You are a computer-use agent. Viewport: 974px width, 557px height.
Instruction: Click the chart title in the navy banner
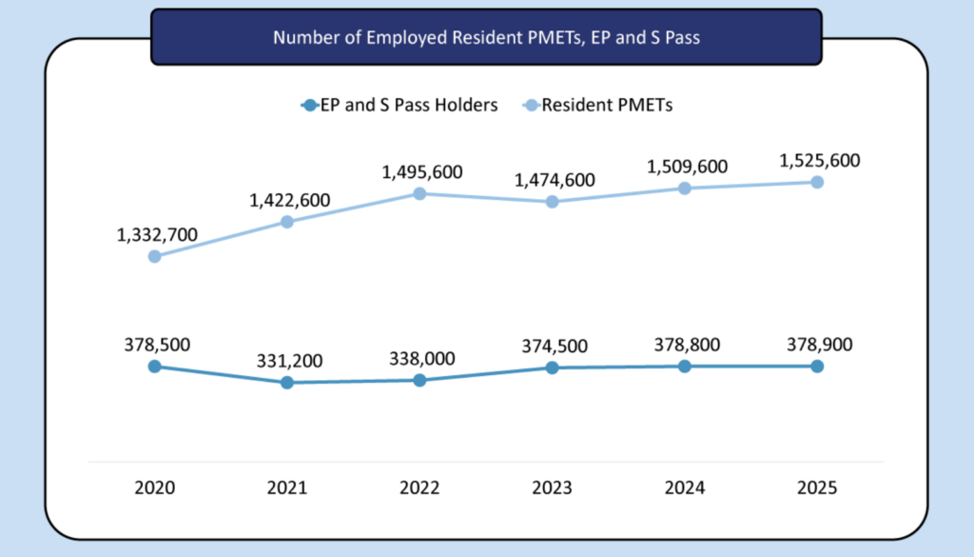point(486,38)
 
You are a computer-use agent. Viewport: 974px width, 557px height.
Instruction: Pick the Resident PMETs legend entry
point(598,106)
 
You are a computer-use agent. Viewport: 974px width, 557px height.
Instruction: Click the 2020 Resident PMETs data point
point(154,256)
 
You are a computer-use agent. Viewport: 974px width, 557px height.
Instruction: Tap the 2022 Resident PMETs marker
point(419,193)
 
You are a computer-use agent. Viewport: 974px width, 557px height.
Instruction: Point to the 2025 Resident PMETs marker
point(817,182)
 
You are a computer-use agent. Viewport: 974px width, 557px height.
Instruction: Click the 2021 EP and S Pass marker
point(286,383)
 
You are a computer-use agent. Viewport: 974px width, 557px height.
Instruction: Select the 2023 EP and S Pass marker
point(552,368)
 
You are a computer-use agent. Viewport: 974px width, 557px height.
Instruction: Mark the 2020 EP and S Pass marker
point(154,366)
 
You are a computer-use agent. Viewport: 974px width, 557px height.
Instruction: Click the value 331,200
point(288,361)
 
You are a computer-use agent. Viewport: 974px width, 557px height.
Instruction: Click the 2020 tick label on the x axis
point(154,487)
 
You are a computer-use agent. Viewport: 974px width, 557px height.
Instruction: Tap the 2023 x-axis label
point(552,487)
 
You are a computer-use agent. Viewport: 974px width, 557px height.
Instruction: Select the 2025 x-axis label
point(817,487)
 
